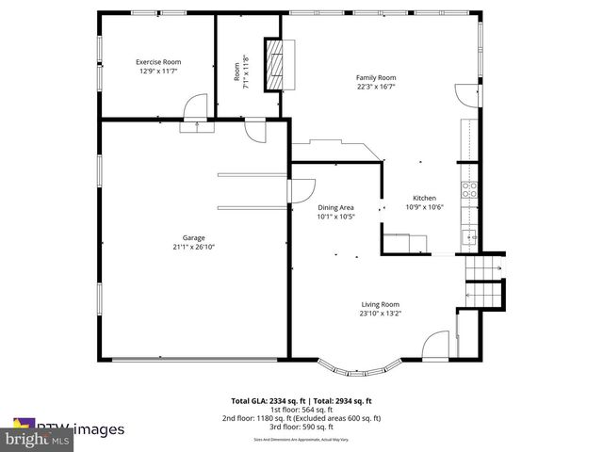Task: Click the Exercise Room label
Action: [x=158, y=62]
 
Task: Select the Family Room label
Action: [x=375, y=77]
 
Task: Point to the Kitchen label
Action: [x=424, y=198]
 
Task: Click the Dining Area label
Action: [x=335, y=207]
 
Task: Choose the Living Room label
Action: [x=380, y=304]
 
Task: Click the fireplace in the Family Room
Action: [x=272, y=64]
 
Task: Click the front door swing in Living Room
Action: [x=435, y=346]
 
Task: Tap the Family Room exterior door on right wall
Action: [x=467, y=94]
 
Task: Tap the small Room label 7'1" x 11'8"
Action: [x=241, y=71]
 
